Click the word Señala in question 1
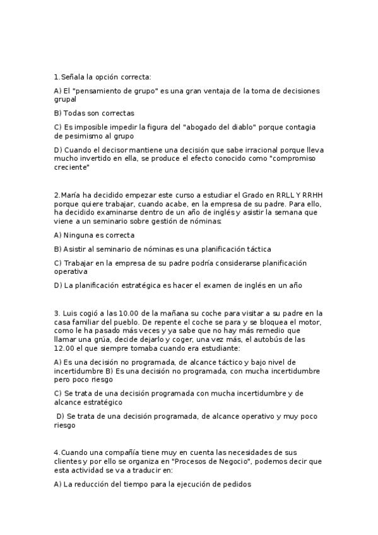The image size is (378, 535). coord(71,77)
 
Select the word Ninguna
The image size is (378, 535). coord(78,235)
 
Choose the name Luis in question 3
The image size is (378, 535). coord(68,312)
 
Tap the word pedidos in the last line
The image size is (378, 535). coord(235,485)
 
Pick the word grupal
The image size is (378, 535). coord(65,99)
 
